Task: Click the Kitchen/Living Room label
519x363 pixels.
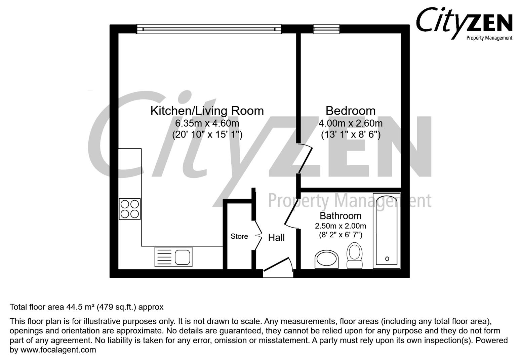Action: pos(207,111)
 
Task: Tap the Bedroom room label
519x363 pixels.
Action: pos(350,111)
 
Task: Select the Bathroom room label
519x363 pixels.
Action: pos(340,216)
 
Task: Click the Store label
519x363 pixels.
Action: pos(239,236)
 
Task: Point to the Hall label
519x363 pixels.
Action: pos(276,238)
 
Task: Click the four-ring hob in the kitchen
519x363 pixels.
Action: pos(130,209)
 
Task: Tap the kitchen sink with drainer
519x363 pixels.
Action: pos(173,257)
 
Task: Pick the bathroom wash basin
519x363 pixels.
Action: pos(327,259)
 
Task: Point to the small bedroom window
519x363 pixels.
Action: pos(326,29)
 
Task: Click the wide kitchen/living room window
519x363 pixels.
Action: pos(208,29)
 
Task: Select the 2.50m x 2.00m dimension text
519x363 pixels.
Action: pos(340,226)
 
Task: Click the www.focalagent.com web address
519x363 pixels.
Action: pos(58,350)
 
